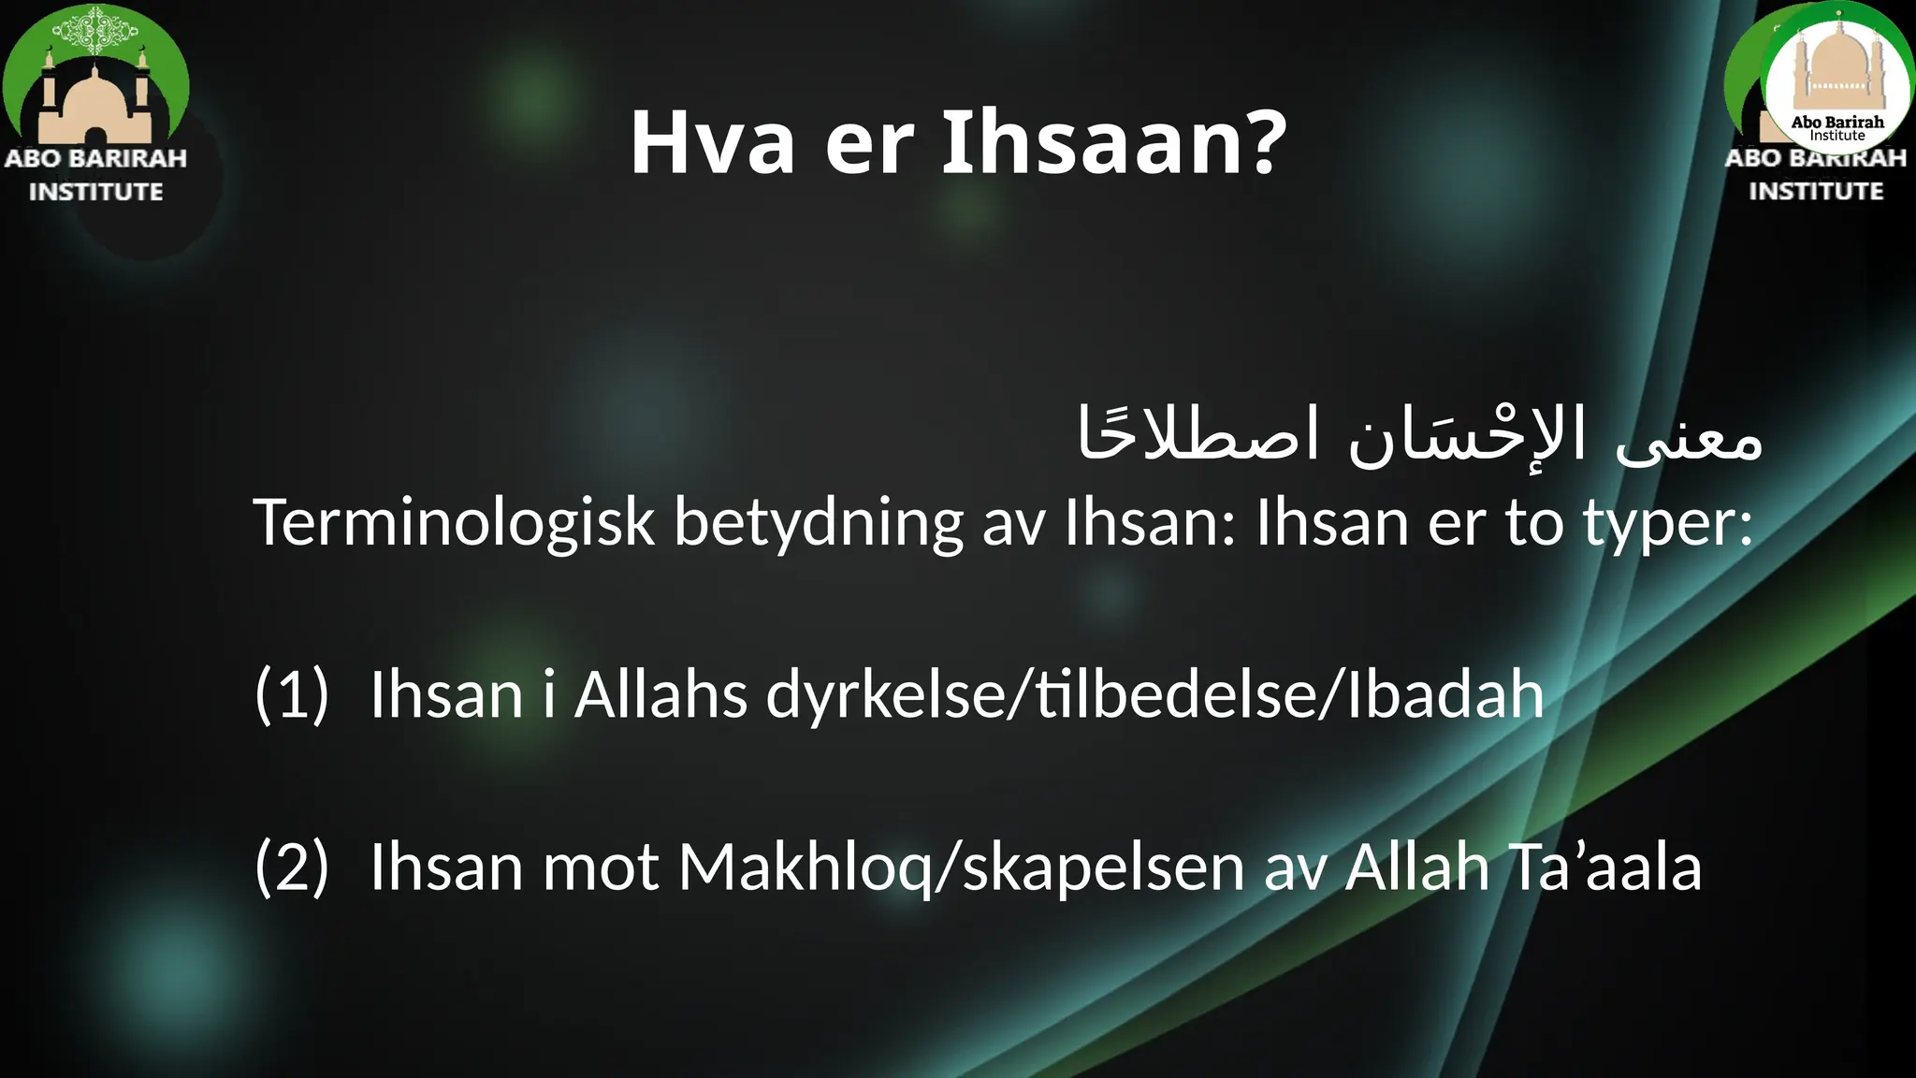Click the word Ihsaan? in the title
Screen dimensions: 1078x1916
(x=1113, y=143)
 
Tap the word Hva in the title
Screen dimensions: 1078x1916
(x=712, y=143)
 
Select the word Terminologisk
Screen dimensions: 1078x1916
(x=453, y=522)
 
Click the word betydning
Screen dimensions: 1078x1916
(x=818, y=522)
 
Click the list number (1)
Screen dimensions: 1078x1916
(x=292, y=694)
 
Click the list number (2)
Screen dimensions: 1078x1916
(x=292, y=867)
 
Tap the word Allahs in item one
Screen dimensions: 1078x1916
(x=660, y=694)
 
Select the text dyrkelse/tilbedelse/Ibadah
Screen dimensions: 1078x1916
(x=1154, y=694)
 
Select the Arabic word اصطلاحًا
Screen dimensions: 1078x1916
(x=1197, y=434)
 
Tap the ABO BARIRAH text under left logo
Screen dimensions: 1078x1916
(x=95, y=158)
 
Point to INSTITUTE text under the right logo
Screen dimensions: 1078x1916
(x=1816, y=191)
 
